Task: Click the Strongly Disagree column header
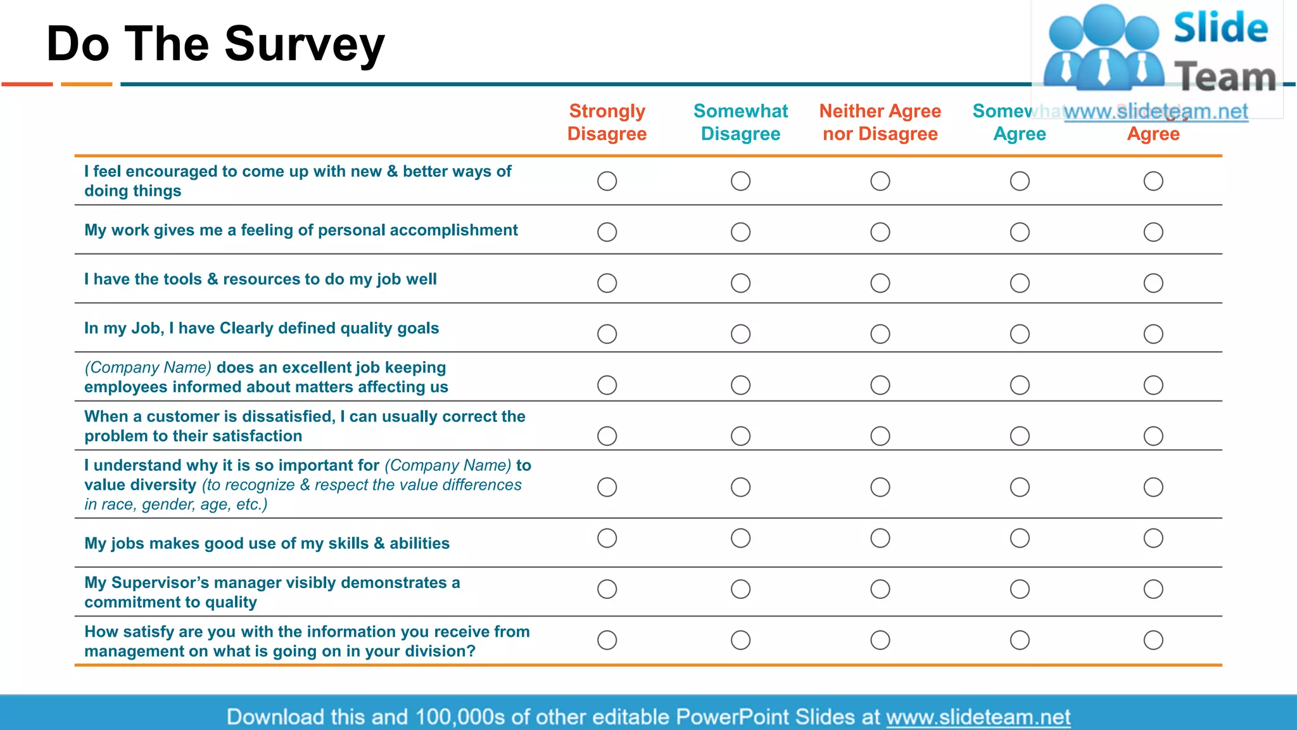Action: [607, 122]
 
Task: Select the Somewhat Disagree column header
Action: [740, 122]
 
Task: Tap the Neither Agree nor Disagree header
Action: [880, 122]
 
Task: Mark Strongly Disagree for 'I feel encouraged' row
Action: [607, 181]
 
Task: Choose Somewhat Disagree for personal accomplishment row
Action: [740, 232]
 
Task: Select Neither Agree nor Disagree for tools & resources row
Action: [880, 283]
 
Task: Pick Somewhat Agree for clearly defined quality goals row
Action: [1020, 334]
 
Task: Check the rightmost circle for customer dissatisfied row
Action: [1153, 436]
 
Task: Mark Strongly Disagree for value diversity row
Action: [607, 487]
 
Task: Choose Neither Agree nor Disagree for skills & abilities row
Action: [880, 538]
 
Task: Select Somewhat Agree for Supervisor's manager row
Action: [1020, 589]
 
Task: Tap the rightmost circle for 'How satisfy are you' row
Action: [1153, 640]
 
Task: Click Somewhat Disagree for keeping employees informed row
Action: [740, 385]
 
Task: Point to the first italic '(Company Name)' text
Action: [148, 368]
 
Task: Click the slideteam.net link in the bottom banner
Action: [978, 717]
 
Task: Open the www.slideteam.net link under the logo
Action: [1156, 112]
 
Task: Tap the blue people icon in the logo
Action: [1103, 48]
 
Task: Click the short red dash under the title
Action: [27, 84]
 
